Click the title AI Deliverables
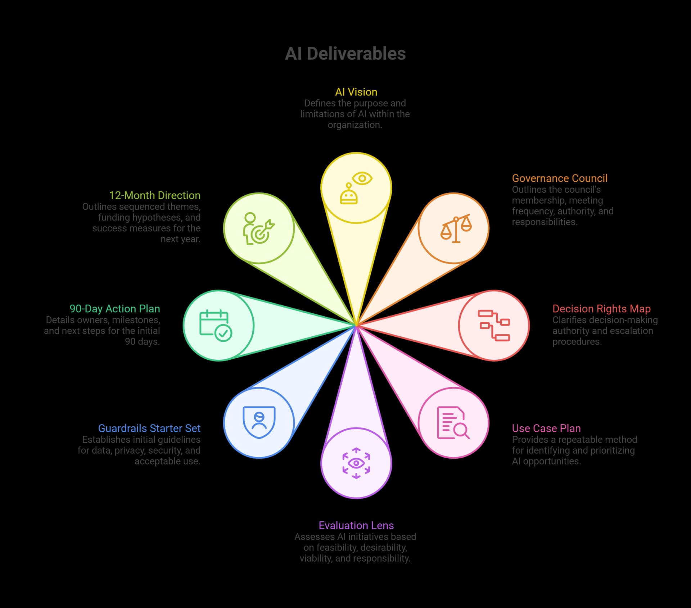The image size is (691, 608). [345, 54]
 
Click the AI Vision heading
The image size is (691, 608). [356, 92]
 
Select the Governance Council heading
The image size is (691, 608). [559, 178]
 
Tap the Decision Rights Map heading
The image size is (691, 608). [601, 309]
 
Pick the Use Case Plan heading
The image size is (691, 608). [546, 428]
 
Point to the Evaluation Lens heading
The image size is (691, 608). [356, 525]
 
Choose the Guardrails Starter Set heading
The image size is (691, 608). [149, 428]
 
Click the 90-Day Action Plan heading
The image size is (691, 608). [114, 309]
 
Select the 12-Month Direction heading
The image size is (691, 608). [154, 195]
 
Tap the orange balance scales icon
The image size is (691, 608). [456, 228]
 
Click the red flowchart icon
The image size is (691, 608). [494, 325]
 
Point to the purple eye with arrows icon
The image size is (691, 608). [356, 463]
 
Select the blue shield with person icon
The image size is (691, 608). [259, 422]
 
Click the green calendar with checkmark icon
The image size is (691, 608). [216, 325]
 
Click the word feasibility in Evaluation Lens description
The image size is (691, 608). [337, 548]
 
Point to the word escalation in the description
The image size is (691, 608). [633, 331]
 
